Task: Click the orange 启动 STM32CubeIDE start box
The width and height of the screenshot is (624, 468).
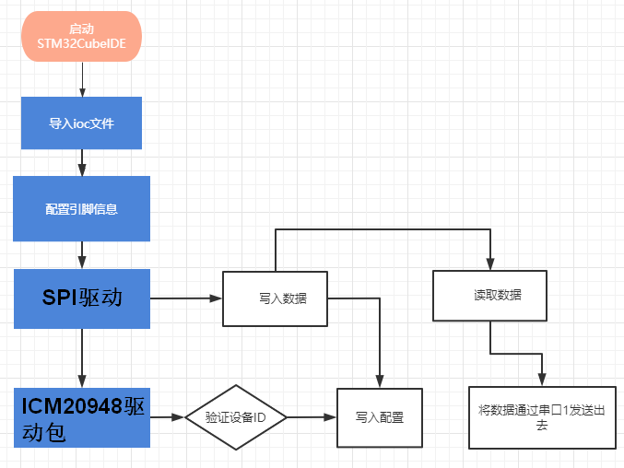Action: coord(82,37)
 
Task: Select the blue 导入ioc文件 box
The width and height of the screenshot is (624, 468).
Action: coord(81,123)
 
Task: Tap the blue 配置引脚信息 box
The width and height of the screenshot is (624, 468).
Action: coord(81,208)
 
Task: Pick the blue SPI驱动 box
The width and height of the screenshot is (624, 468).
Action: coord(82,298)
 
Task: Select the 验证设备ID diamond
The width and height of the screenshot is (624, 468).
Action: coord(236,417)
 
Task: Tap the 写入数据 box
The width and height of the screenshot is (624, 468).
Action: coord(276,298)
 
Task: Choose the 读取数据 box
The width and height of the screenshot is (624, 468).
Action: coord(489,296)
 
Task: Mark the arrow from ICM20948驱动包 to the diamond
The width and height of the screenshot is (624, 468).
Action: coord(167,417)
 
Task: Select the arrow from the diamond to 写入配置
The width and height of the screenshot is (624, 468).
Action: coord(312,417)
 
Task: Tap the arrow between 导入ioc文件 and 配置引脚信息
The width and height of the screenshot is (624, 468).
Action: coord(82,162)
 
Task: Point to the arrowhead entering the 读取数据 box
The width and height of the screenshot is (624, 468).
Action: coord(489,264)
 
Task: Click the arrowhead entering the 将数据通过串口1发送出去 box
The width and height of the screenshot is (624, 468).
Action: coord(541,380)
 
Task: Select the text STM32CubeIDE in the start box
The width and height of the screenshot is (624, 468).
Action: coord(82,43)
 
